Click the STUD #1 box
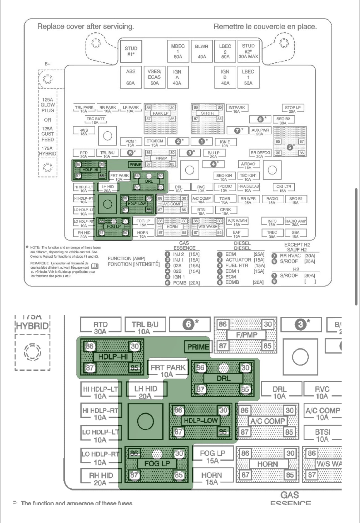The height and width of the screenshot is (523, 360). (x=131, y=51)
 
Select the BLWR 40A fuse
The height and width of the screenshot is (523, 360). (x=201, y=51)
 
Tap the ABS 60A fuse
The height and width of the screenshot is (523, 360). (x=131, y=77)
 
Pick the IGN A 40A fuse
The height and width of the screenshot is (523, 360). (x=177, y=77)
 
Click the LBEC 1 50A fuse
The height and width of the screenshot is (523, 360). (x=248, y=77)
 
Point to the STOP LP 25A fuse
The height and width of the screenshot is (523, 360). (x=292, y=109)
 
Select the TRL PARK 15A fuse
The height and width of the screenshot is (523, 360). (x=84, y=109)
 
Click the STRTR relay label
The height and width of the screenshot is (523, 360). (x=207, y=113)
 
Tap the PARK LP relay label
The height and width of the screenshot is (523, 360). (x=160, y=113)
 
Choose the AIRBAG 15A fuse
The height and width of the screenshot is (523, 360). (x=248, y=166)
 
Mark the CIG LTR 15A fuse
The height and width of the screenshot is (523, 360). (x=283, y=188)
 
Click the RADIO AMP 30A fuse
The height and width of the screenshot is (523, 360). (x=295, y=223)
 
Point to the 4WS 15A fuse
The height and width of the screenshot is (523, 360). (x=84, y=132)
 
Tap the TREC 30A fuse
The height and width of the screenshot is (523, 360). (x=272, y=234)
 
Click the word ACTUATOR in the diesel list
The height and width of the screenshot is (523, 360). (x=238, y=260)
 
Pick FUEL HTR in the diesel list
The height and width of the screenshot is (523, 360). (x=237, y=265)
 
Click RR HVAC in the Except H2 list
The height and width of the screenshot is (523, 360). (x=290, y=255)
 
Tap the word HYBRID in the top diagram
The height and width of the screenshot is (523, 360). (x=47, y=154)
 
